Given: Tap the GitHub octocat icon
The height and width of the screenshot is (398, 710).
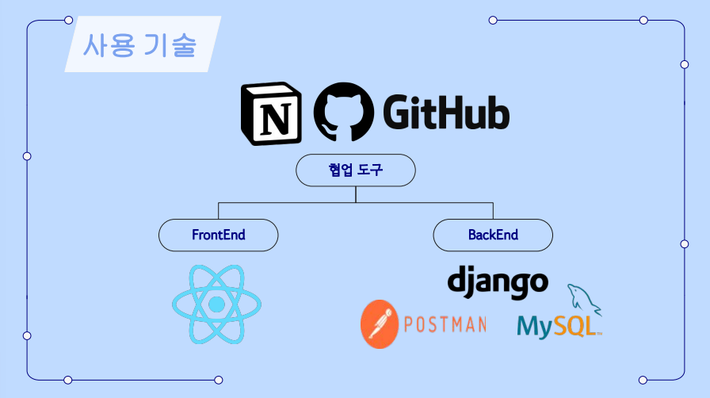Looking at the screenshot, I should [x=343, y=116].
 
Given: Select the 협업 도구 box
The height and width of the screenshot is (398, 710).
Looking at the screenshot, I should [x=355, y=170].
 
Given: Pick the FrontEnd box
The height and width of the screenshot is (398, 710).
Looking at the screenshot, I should [x=219, y=235].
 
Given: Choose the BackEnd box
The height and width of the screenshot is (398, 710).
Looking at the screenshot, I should [x=493, y=235].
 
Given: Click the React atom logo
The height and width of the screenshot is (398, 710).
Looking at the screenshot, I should [x=216, y=304].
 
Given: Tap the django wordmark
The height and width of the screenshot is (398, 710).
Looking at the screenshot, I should [x=498, y=281].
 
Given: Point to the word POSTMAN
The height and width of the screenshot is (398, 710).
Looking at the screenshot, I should [x=445, y=325].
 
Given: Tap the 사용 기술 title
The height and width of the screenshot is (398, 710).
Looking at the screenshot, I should [x=139, y=44].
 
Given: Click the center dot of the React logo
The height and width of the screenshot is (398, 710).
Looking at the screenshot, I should [x=216, y=304].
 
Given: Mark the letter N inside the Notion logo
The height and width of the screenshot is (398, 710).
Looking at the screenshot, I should [x=275, y=119].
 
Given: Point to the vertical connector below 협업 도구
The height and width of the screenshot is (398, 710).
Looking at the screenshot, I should [x=356, y=194].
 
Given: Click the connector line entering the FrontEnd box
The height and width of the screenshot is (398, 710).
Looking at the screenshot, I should [x=219, y=211].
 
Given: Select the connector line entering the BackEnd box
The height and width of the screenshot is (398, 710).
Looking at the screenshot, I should [x=493, y=211].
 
